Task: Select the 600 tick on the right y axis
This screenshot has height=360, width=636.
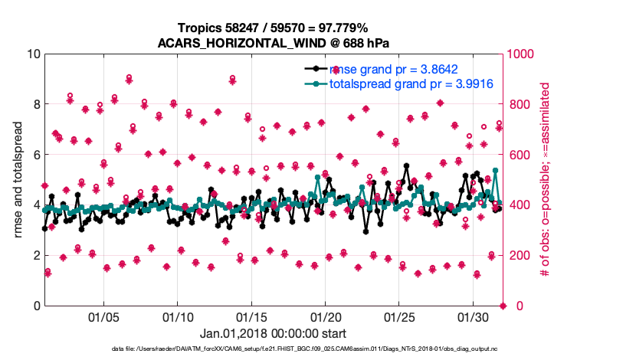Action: [x=520, y=155]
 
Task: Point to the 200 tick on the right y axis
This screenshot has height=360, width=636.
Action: [x=520, y=255]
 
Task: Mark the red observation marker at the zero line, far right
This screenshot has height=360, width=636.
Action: [x=503, y=306]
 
